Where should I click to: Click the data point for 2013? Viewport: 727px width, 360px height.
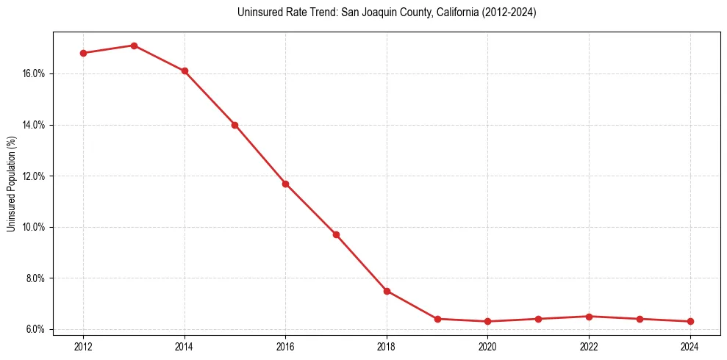coord(134,46)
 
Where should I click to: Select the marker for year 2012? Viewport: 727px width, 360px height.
coord(83,53)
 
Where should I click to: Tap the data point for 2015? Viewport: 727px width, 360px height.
coord(235,125)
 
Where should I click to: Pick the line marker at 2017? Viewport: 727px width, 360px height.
coord(336,234)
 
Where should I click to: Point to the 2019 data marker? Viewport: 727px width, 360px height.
coord(437,319)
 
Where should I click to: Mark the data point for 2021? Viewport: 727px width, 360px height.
coord(539,319)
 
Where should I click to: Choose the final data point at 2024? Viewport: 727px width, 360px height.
coord(690,321)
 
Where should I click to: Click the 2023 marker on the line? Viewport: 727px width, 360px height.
coord(640,319)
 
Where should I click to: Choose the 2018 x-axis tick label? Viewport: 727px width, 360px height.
coord(387,345)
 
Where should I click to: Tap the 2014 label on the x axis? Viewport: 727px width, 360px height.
coord(185,345)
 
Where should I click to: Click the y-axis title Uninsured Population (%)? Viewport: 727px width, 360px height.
coord(12,184)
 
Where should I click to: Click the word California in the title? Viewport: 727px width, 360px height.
coord(448,12)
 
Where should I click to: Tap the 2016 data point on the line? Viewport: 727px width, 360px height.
coord(285,184)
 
